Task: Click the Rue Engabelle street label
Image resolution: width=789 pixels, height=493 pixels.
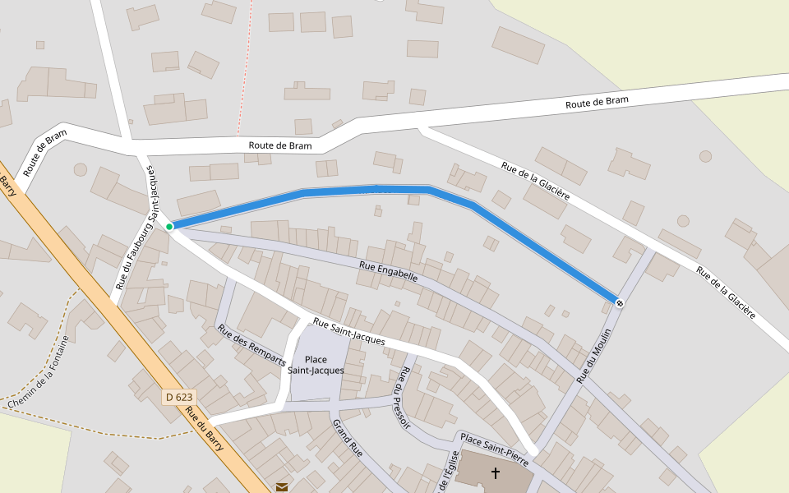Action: tap(389, 272)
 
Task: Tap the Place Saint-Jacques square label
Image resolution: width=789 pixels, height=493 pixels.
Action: tap(316, 365)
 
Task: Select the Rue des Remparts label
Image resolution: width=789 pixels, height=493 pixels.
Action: tap(251, 344)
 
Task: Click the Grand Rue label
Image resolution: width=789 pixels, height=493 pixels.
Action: tap(347, 437)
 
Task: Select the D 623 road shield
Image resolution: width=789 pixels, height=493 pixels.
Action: tap(178, 397)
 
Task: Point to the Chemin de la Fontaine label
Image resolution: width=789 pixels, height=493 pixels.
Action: tap(39, 373)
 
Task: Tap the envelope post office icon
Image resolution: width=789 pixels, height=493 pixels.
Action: tap(282, 487)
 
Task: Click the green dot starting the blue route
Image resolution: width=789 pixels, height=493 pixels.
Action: tap(169, 227)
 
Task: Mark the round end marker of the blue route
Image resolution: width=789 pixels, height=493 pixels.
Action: tap(619, 303)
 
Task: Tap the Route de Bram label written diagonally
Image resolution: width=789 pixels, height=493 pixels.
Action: tap(44, 154)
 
